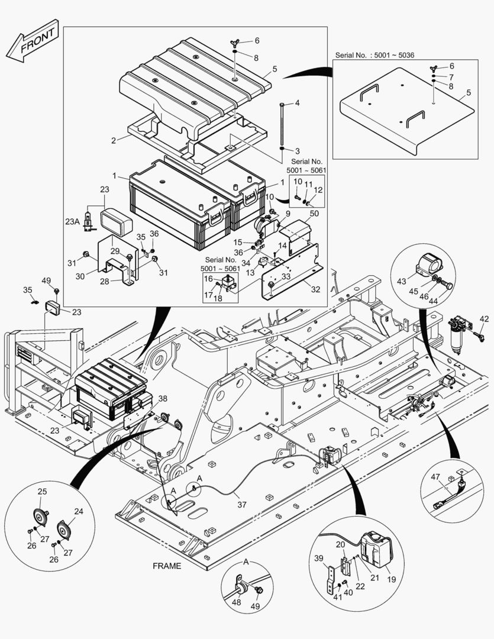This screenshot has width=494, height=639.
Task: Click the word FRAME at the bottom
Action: click(x=167, y=566)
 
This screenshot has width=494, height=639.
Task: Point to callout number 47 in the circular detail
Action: click(x=435, y=477)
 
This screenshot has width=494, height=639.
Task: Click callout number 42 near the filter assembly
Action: click(x=484, y=319)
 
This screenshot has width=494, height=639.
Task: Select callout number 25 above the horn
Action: click(x=43, y=492)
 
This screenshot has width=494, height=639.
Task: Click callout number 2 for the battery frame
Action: click(x=113, y=141)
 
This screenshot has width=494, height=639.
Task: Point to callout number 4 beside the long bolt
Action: click(x=297, y=103)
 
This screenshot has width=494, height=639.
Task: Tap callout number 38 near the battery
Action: click(x=163, y=399)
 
